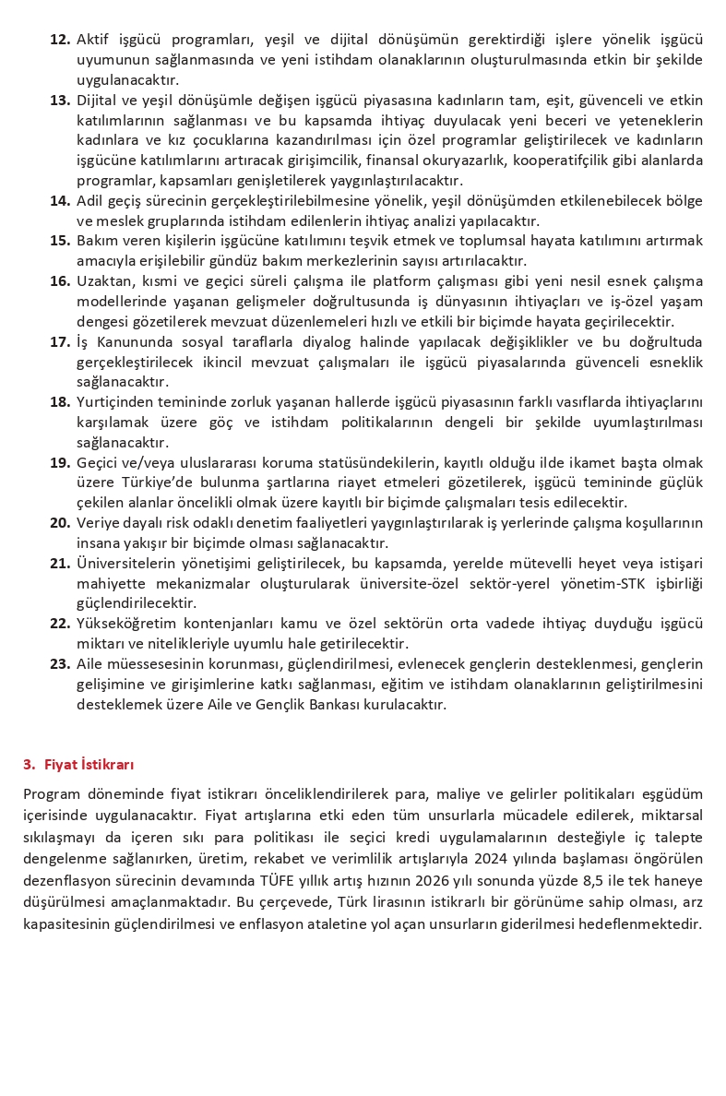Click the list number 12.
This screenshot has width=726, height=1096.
[60, 40]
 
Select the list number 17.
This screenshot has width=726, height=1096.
[60, 341]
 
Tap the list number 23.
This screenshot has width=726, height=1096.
[60, 663]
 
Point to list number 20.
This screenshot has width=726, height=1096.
[60, 522]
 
